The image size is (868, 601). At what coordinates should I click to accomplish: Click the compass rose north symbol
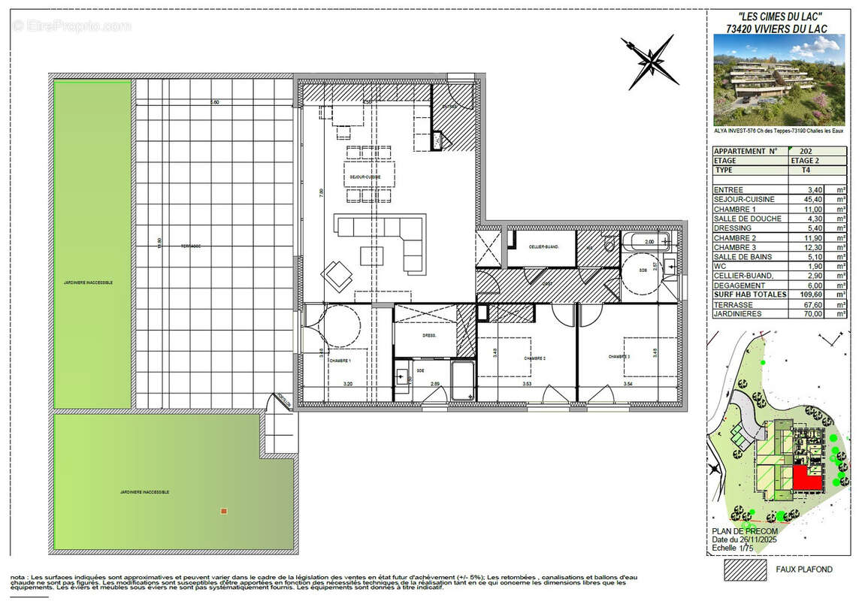(649, 58)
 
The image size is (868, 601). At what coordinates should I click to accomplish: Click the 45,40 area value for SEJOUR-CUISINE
(815, 200)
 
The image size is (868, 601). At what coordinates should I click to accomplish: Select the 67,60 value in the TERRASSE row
(815, 304)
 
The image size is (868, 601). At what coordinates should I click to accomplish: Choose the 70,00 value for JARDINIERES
(815, 314)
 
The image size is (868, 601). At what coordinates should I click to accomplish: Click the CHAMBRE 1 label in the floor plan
(339, 361)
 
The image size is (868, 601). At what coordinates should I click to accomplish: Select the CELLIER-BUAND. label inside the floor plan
(541, 245)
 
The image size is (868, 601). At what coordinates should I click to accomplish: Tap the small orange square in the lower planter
(223, 512)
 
